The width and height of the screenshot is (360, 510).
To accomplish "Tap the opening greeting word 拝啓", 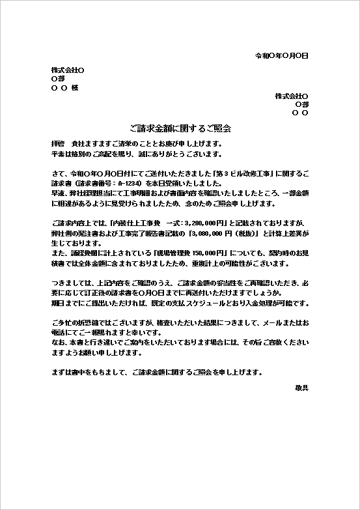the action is click(x=58, y=143).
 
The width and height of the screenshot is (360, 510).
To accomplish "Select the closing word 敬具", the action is click(x=301, y=388).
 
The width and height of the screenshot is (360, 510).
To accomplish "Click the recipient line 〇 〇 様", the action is click(x=64, y=88).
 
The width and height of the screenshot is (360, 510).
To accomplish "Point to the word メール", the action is click(x=269, y=323).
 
